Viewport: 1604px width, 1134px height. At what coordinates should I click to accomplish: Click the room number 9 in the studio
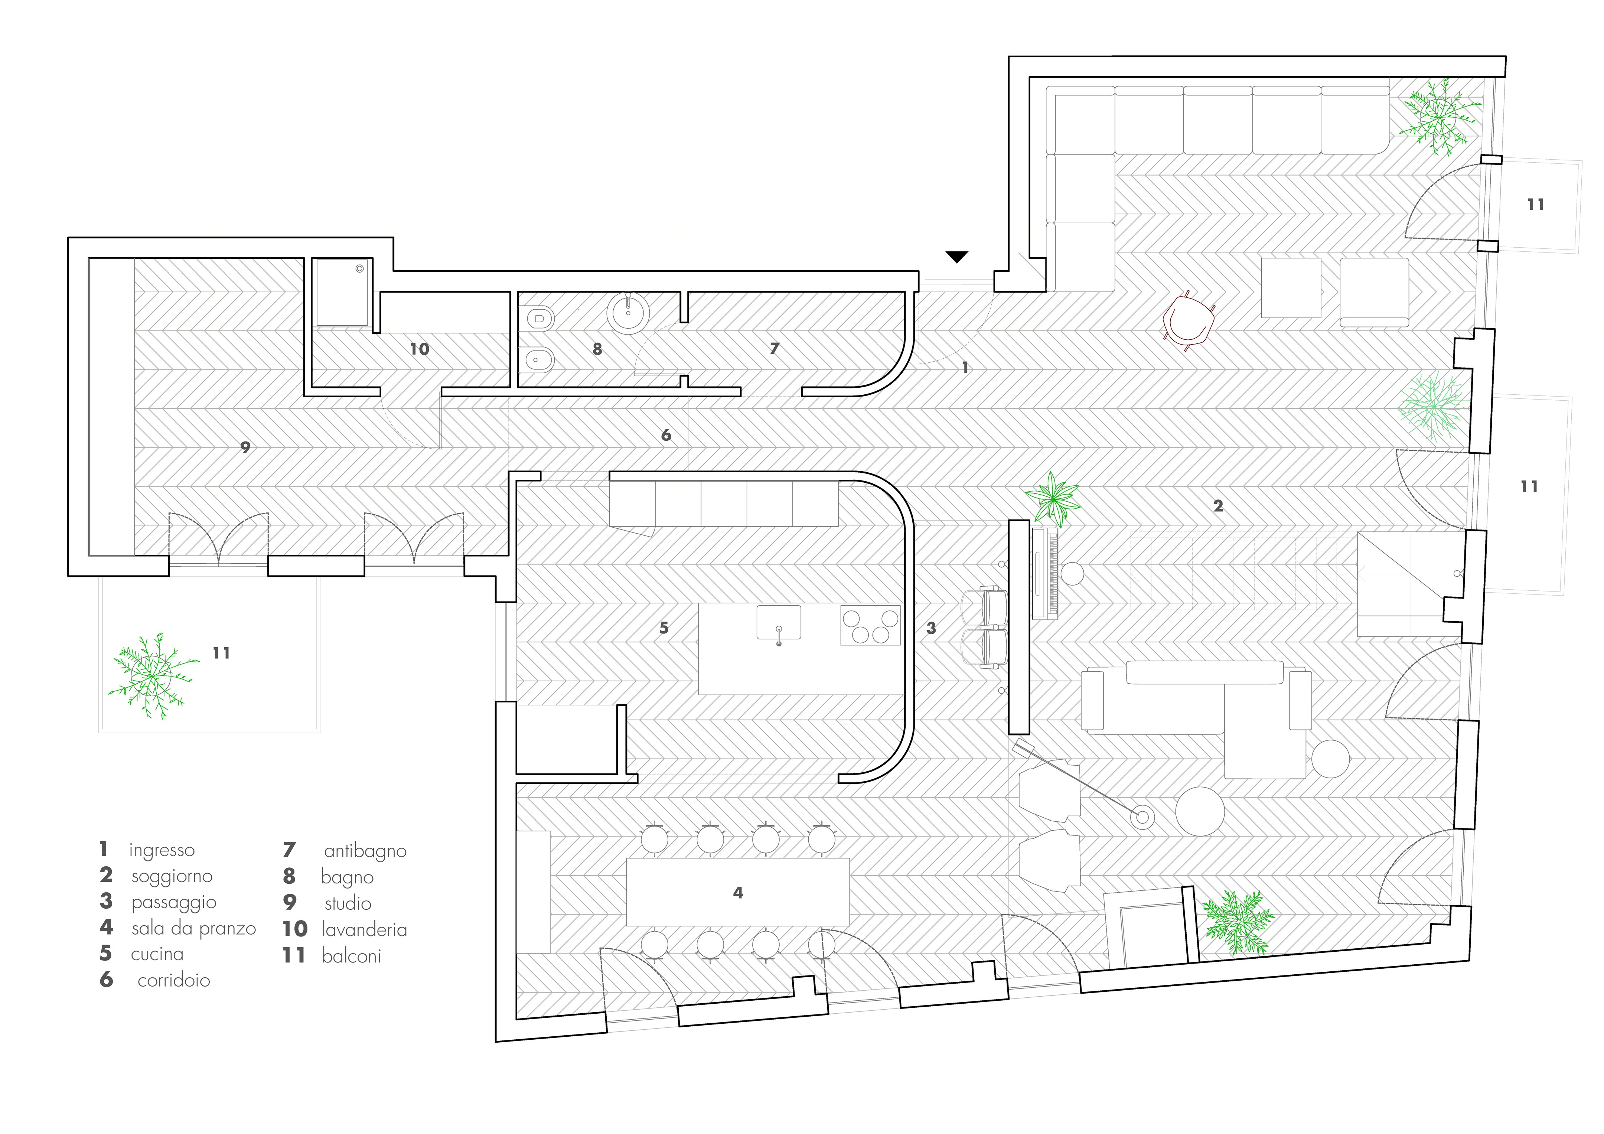[x=245, y=447]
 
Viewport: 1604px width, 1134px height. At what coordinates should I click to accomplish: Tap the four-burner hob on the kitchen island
[x=870, y=625]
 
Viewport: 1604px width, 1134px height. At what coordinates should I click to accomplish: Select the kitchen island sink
[x=779, y=623]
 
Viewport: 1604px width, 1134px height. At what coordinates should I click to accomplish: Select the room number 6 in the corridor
[x=666, y=435]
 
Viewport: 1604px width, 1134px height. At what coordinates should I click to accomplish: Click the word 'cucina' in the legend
[x=157, y=954]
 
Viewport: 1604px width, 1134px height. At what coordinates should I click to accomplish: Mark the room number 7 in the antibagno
[x=774, y=348]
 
